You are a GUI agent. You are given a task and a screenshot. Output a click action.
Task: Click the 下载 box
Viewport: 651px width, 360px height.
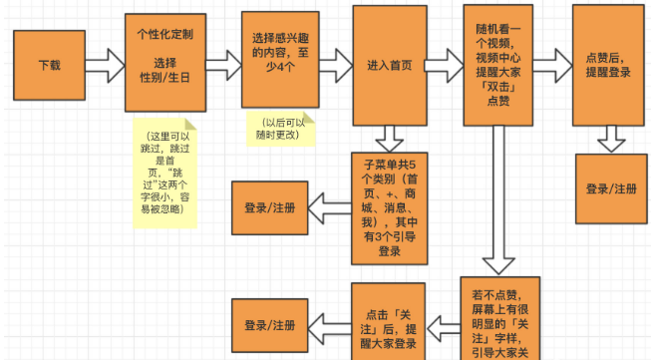[x=49, y=63]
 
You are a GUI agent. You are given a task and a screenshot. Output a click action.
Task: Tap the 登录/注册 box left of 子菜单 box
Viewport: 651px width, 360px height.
[x=269, y=207]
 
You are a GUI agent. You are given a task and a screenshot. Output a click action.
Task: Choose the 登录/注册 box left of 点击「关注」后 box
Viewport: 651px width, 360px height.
[x=269, y=325]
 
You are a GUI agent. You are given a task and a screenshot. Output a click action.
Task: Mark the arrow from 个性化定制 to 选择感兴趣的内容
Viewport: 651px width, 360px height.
[x=222, y=64]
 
